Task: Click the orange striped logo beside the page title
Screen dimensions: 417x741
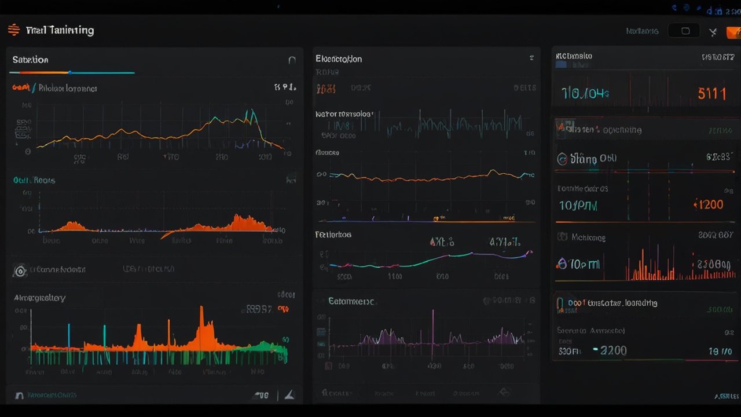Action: coord(13,30)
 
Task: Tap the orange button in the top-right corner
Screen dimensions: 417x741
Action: coord(733,32)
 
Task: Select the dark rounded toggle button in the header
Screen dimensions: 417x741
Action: coord(684,31)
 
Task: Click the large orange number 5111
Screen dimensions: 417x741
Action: coord(711,93)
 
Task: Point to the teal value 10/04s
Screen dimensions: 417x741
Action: coord(585,93)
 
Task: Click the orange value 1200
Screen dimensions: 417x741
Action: coord(708,204)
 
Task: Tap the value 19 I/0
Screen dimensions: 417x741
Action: coord(720,351)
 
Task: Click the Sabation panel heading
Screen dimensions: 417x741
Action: coord(30,60)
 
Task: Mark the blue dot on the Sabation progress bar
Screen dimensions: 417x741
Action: coord(69,73)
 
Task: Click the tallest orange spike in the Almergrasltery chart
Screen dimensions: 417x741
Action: coord(201,319)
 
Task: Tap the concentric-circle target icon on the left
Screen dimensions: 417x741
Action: coord(20,270)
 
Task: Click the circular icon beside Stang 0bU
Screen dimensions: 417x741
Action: coord(561,159)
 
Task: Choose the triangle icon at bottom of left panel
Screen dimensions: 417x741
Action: coord(289,395)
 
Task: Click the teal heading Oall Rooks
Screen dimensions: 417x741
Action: coord(34,180)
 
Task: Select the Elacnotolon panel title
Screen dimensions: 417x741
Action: coord(339,59)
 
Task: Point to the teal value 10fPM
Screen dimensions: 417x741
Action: coord(578,205)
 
